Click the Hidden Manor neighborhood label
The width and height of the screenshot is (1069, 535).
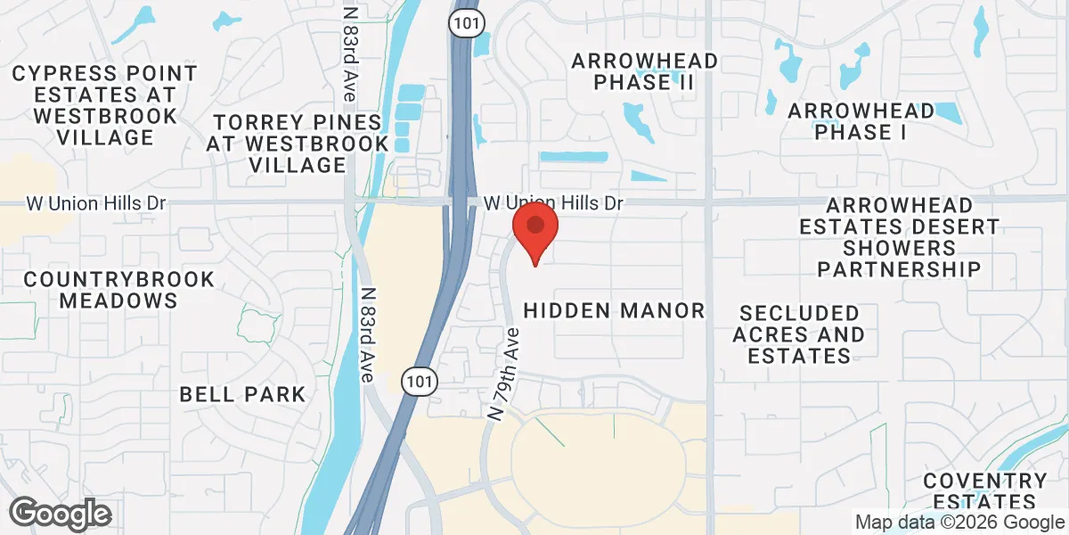[614, 311]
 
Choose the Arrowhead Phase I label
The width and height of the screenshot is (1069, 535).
[861, 122]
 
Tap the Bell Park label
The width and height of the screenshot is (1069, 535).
[242, 393]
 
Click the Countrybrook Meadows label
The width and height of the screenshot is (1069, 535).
[119, 290]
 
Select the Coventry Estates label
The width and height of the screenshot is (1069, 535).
[984, 491]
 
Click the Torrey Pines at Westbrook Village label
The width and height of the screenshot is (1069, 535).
[298, 143]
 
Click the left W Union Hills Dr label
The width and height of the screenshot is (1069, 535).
[96, 203]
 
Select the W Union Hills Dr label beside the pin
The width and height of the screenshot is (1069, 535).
[552, 203]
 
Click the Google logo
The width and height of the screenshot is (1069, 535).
[60, 514]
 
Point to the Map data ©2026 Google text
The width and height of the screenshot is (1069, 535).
[959, 523]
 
